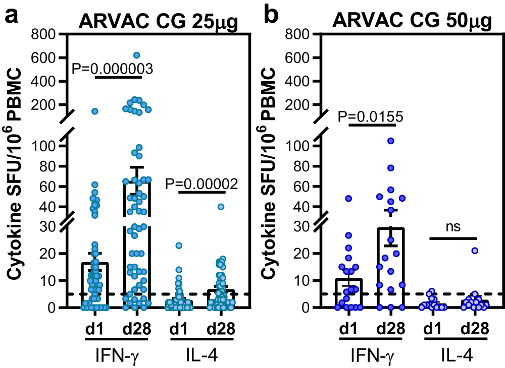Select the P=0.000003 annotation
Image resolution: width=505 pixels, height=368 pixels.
(x=112, y=68)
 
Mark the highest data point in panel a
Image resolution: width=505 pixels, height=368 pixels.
(x=136, y=55)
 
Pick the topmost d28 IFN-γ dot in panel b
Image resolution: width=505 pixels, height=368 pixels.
(x=391, y=141)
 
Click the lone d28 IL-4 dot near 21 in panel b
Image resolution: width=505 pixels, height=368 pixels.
(x=475, y=251)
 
